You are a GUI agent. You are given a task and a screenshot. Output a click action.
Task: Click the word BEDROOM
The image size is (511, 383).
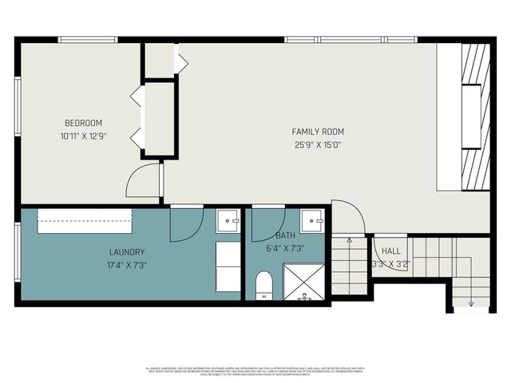[83, 123]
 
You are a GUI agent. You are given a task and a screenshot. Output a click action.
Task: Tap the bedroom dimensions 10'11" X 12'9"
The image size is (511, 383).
[83, 136]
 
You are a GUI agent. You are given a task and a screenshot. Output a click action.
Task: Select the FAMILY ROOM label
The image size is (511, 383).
[318, 132]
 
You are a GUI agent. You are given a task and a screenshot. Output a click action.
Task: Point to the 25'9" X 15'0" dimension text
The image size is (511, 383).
[318, 144]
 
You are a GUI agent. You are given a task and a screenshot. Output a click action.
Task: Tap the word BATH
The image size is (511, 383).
[285, 237]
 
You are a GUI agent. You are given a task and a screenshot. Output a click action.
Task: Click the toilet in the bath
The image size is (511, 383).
[264, 286]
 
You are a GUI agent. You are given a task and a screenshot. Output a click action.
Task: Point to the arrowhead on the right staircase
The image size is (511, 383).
[472, 302]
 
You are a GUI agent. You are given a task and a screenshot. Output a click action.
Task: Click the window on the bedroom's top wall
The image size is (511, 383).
[88, 39]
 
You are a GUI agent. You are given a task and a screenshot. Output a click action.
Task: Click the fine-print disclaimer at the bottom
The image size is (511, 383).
[255, 371]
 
